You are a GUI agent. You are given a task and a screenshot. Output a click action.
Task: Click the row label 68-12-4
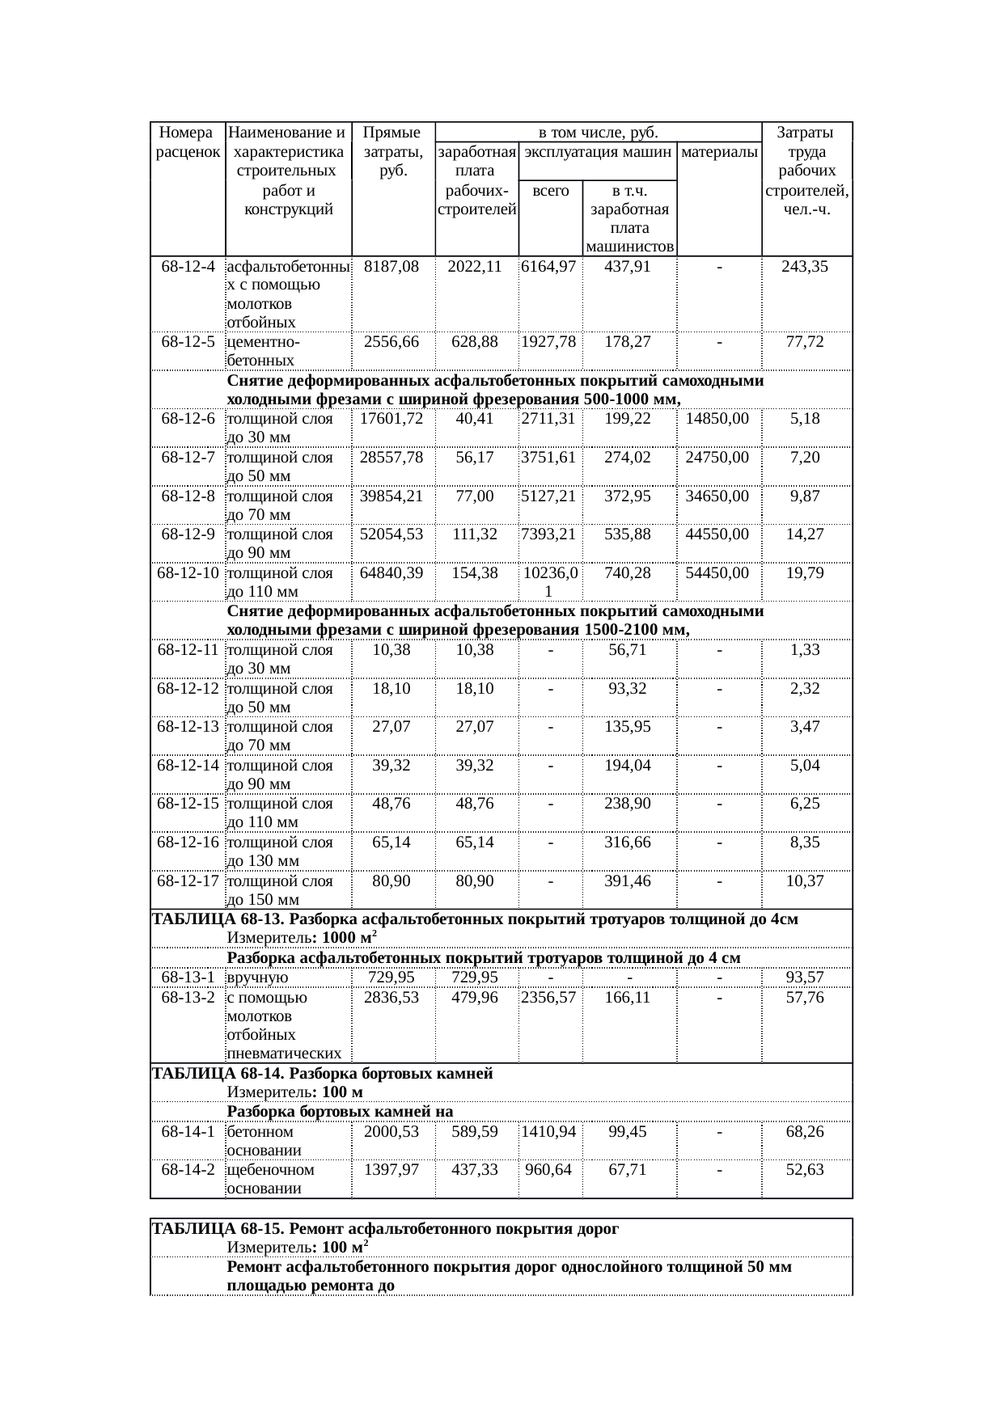[188, 266]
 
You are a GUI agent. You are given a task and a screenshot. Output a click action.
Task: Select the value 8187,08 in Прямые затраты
[391, 266]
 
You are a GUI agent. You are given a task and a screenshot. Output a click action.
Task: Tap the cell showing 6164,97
[549, 266]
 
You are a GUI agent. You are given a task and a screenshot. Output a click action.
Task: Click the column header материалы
[719, 152]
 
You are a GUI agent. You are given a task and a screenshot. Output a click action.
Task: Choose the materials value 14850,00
[717, 419]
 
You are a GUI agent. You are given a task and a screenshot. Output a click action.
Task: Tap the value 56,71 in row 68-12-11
[628, 650]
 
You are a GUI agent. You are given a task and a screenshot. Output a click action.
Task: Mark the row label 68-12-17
[188, 881]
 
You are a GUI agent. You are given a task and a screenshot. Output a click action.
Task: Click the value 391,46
[628, 881]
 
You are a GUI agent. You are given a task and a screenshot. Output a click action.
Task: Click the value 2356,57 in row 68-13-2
[549, 998]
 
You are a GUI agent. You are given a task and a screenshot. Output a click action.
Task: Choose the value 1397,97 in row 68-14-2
[391, 1170]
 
